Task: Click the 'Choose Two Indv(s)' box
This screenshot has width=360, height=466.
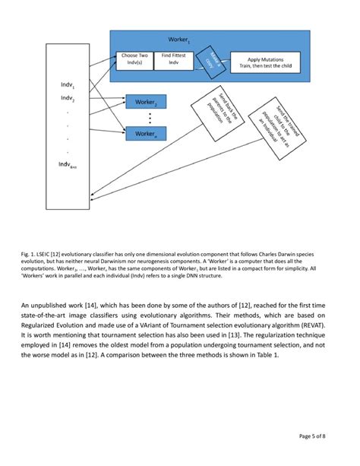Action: pos(134,60)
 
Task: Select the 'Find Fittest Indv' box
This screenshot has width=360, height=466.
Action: pos(172,60)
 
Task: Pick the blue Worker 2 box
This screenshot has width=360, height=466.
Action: pos(145,102)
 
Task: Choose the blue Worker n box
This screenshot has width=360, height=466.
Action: pos(145,134)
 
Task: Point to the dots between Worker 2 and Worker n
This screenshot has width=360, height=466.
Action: pos(150,118)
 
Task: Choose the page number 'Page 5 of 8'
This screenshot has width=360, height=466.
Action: pos(315,436)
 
